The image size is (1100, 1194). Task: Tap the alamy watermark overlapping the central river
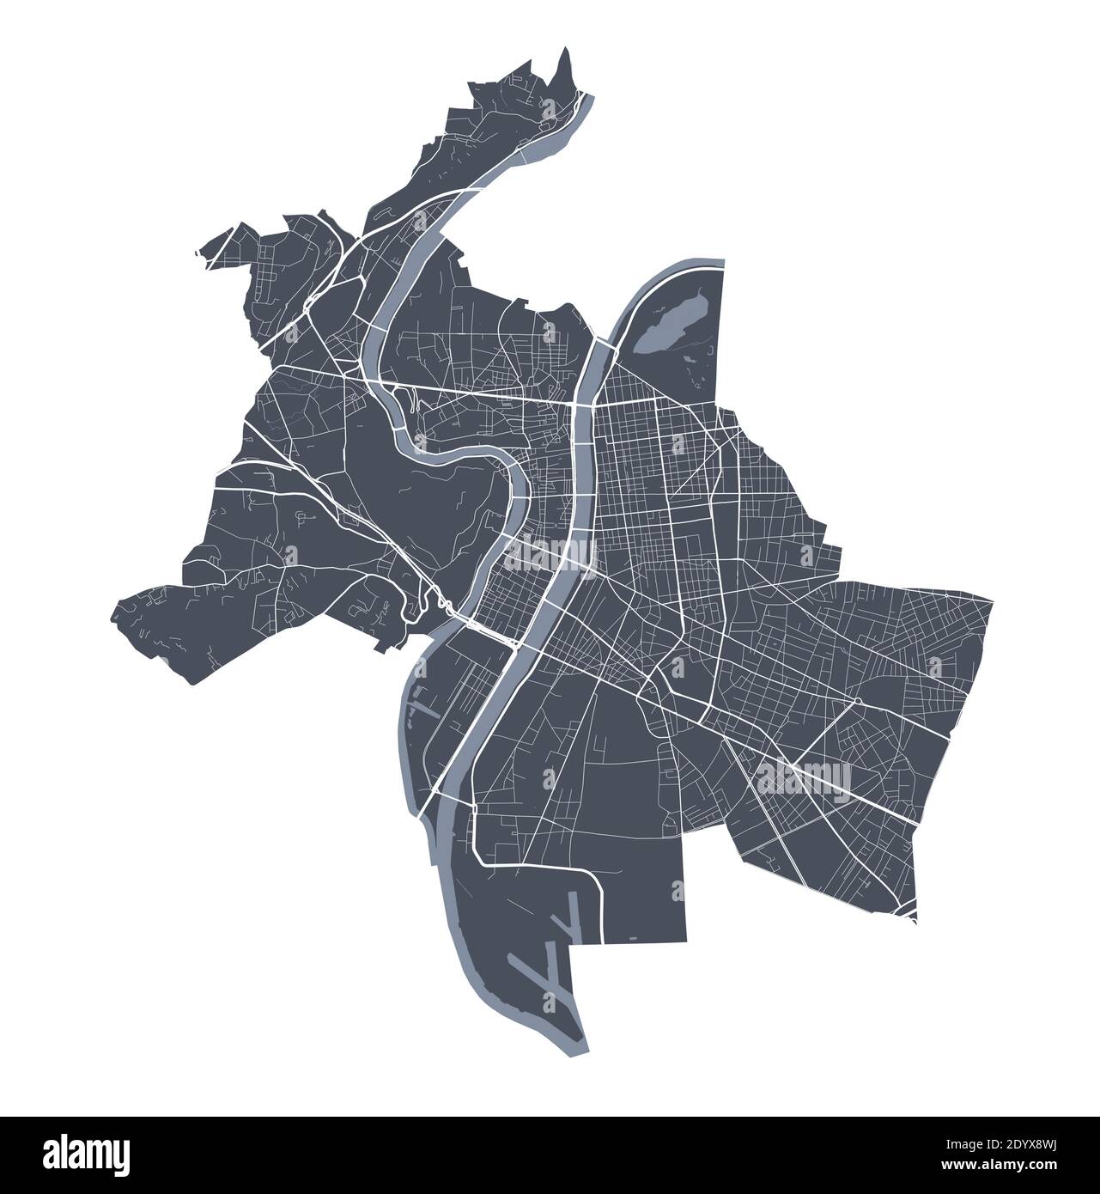549,553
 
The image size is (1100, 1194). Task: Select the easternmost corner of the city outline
993,601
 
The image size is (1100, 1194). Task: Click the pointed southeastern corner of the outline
915,923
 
